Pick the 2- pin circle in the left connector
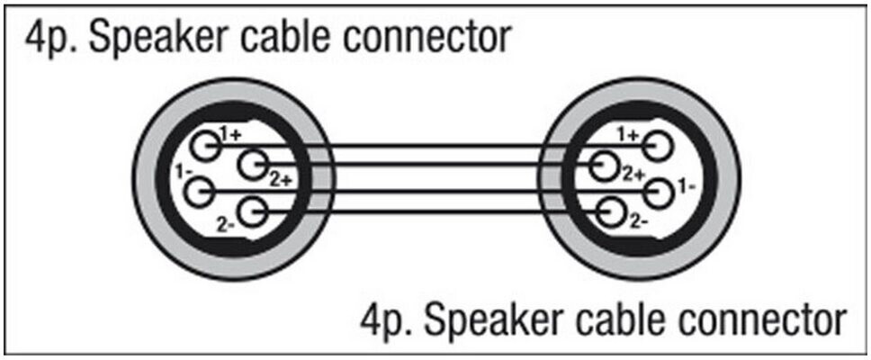(x=255, y=213)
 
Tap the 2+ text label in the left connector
(x=280, y=179)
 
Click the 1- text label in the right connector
(x=687, y=185)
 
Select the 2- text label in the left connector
(x=225, y=222)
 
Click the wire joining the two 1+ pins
(x=432, y=143)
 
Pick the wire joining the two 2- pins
(x=432, y=213)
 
